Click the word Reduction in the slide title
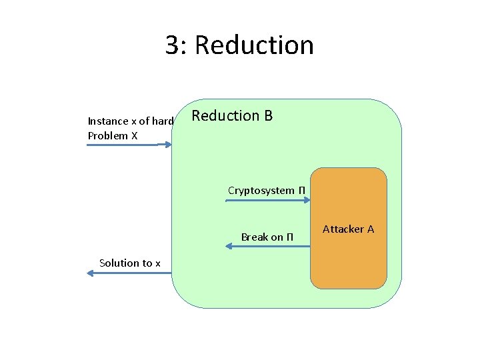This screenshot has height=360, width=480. (255, 45)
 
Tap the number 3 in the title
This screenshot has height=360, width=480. (173, 45)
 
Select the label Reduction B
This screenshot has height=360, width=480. (232, 116)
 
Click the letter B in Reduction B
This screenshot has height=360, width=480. (268, 116)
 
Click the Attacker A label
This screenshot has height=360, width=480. (348, 229)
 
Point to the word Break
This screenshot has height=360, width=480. (254, 237)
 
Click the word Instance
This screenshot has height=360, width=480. (108, 121)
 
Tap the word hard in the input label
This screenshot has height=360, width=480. (163, 121)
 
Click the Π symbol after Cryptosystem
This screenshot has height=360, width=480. (301, 191)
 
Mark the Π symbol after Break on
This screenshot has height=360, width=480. (289, 237)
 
